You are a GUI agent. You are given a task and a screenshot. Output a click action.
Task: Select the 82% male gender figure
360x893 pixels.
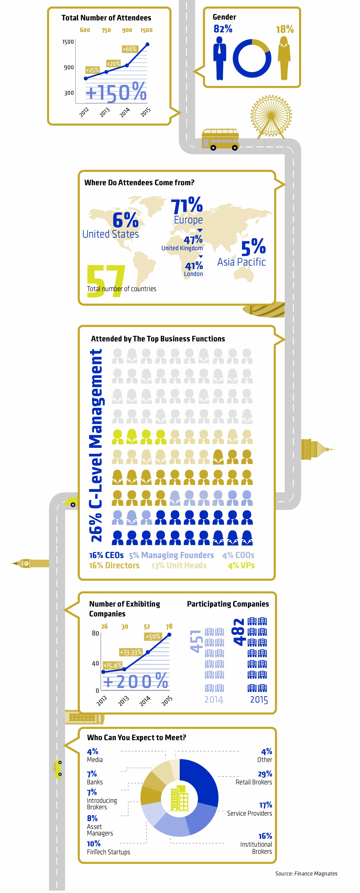(x=223, y=29)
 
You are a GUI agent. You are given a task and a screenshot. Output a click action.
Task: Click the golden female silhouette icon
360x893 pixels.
(x=284, y=58)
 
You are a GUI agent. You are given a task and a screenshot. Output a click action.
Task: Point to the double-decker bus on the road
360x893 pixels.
(x=220, y=139)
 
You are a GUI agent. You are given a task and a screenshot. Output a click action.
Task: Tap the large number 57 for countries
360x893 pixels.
(x=106, y=281)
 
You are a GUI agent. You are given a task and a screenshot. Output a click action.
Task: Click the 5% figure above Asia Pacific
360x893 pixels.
(x=253, y=247)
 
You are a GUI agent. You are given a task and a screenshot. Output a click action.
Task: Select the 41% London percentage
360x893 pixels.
(x=194, y=266)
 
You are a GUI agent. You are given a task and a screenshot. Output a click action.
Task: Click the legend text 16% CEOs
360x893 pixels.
(x=106, y=555)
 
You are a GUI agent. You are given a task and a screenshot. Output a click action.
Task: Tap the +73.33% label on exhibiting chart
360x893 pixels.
(x=131, y=652)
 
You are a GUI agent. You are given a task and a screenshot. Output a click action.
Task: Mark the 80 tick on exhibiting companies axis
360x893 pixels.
(x=95, y=633)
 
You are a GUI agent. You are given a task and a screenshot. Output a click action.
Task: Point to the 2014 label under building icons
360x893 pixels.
(x=214, y=700)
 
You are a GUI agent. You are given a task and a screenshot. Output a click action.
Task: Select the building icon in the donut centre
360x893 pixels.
(x=180, y=798)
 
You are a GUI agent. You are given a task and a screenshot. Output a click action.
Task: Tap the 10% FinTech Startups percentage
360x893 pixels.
(x=93, y=843)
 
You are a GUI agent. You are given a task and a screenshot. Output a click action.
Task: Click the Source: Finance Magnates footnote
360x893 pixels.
(x=306, y=873)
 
